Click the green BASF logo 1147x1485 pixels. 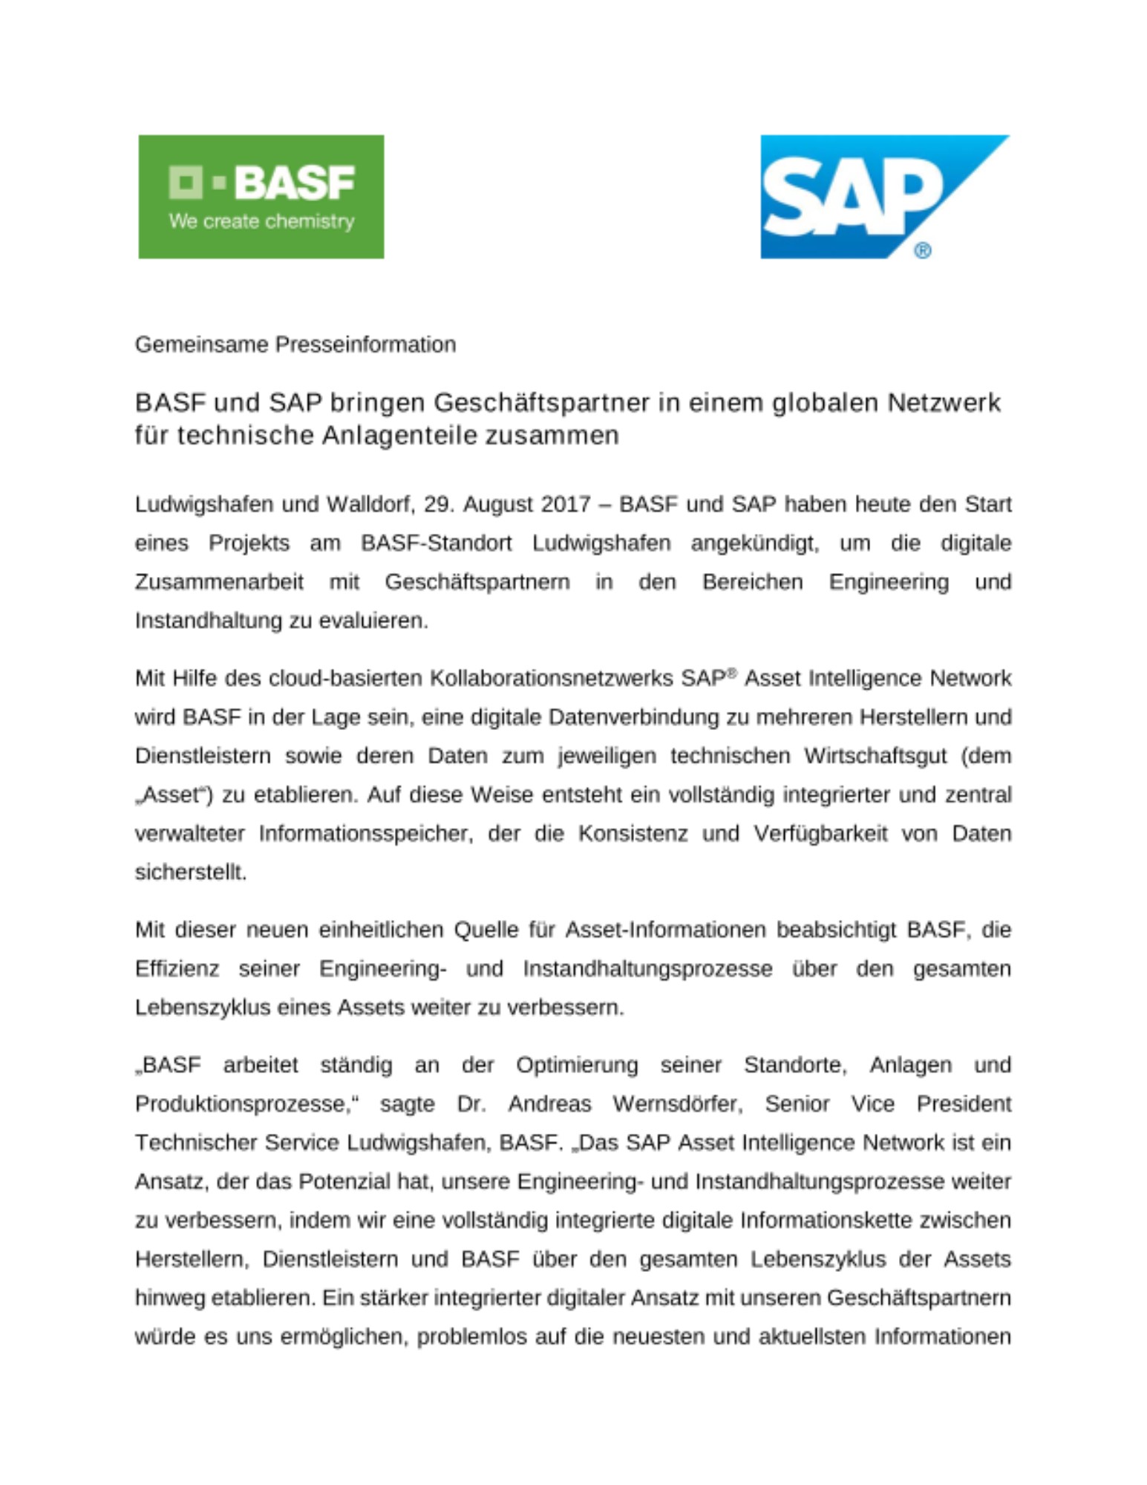(x=261, y=196)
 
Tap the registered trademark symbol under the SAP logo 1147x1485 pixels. (x=922, y=250)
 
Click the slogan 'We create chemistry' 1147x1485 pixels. (x=261, y=221)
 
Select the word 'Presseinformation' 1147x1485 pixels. (x=365, y=345)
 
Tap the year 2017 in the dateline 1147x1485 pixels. (x=566, y=504)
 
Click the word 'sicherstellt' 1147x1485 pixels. (x=189, y=872)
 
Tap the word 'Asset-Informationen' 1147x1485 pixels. (x=665, y=930)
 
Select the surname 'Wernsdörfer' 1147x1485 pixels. (x=677, y=1104)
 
